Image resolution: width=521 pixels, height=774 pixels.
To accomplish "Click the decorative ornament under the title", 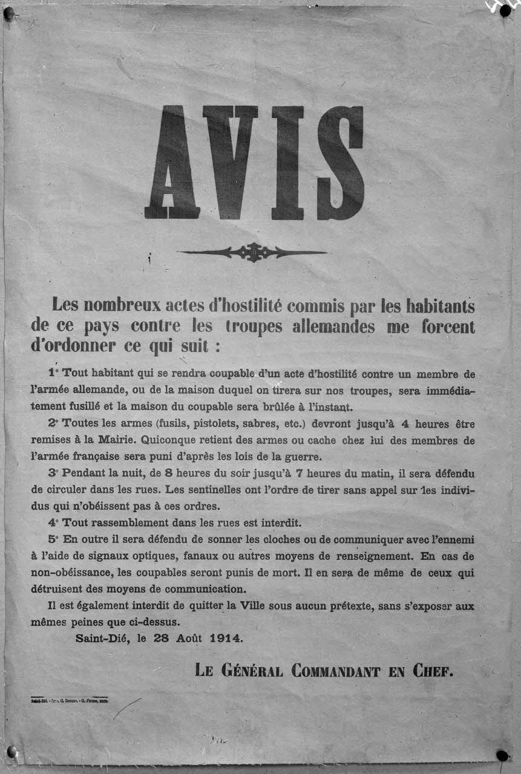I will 252,252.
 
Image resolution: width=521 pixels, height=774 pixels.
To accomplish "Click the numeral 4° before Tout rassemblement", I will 54,522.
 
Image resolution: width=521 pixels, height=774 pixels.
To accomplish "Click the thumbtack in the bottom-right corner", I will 502,755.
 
